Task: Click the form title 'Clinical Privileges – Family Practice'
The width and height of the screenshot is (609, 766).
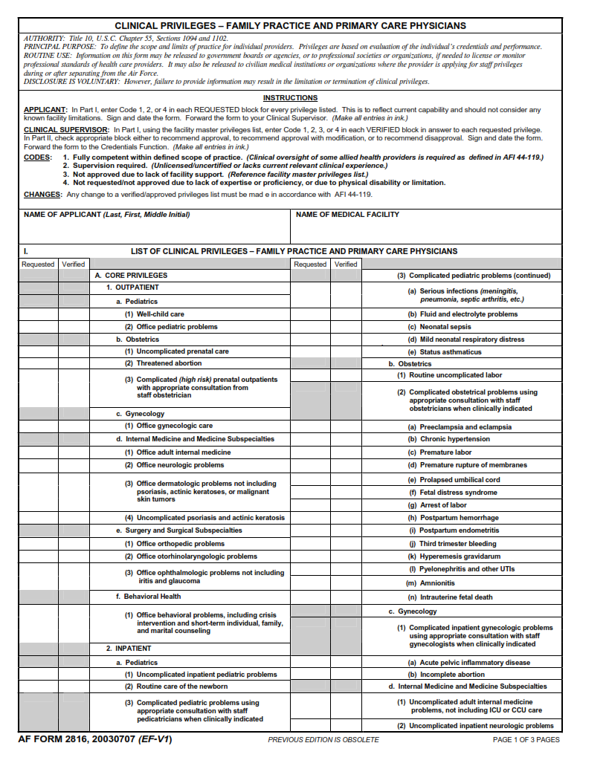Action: (x=291, y=25)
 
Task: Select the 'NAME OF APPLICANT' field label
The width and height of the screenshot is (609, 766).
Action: (x=106, y=215)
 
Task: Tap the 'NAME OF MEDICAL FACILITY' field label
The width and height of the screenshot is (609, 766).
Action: (x=347, y=215)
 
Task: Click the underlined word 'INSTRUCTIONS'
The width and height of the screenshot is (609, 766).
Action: (x=290, y=98)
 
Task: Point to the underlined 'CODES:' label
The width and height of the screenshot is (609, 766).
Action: (x=38, y=158)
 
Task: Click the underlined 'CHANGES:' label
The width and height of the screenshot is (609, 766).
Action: (x=42, y=195)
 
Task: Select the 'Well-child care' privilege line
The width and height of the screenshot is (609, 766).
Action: (x=160, y=314)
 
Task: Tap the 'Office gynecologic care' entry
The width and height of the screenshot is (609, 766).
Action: (x=174, y=426)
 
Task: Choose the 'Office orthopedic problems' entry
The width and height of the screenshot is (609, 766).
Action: (x=180, y=544)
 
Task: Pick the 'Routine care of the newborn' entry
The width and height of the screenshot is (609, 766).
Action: (x=182, y=687)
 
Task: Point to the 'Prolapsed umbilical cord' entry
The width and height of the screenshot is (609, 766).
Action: (x=460, y=480)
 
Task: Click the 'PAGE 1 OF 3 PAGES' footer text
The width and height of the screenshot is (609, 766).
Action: (x=526, y=740)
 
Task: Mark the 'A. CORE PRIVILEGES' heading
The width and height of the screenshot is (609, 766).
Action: (x=131, y=276)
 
